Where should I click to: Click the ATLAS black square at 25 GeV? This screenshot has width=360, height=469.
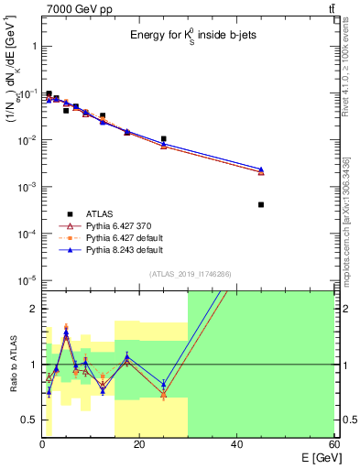[163, 139]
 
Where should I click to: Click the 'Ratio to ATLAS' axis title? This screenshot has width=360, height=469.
[12, 364]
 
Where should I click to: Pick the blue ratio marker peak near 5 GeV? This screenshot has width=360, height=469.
[66, 333]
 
